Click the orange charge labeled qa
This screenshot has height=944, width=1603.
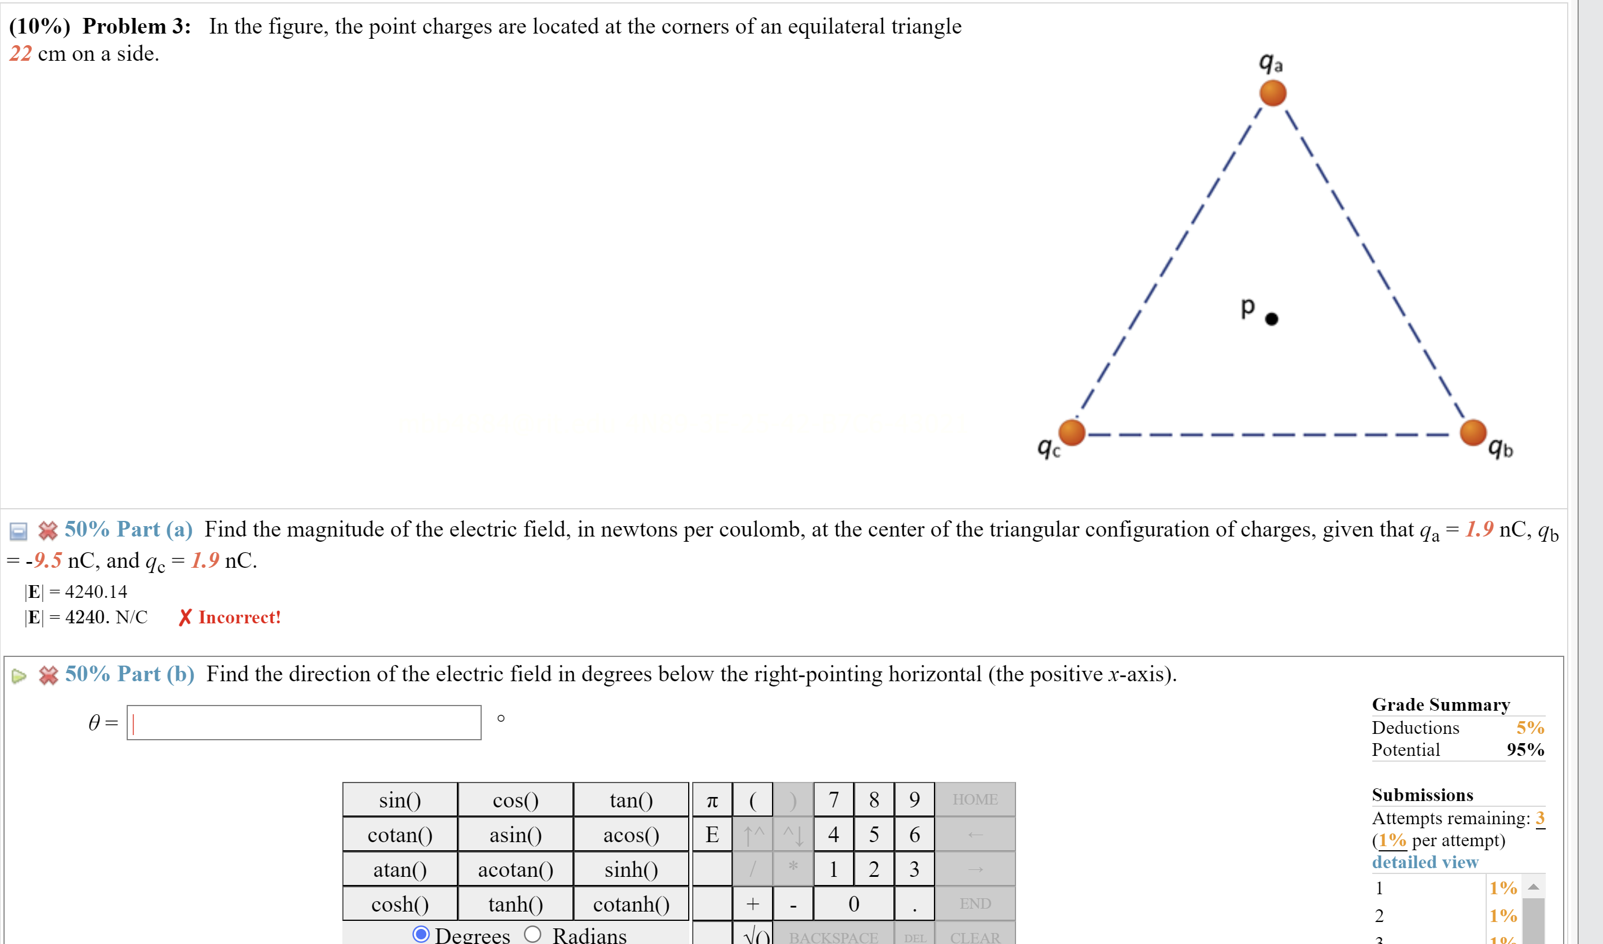click(1273, 93)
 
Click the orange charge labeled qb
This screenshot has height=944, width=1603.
click(1472, 432)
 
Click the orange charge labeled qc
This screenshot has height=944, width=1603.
click(1072, 432)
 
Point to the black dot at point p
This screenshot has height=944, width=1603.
click(1272, 319)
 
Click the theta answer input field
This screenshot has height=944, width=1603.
click(304, 722)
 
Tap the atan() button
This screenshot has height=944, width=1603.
click(400, 869)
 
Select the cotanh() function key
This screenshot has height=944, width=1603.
click(630, 903)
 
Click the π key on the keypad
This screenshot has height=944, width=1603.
click(712, 799)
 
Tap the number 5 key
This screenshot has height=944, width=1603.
click(873, 834)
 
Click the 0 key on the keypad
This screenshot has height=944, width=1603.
click(854, 903)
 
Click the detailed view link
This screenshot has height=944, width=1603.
click(1424, 862)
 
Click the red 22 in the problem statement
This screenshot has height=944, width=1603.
click(20, 53)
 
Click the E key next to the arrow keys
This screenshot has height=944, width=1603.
click(712, 834)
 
